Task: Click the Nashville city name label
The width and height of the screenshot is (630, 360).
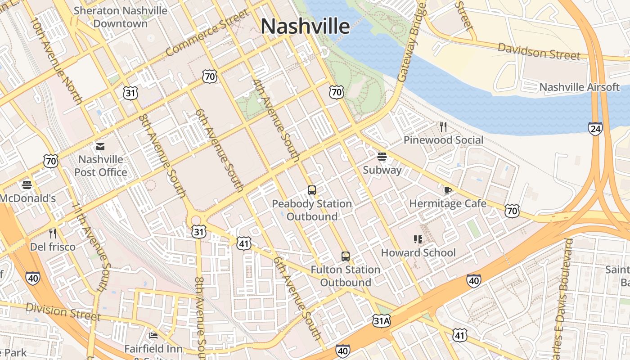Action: point(305,26)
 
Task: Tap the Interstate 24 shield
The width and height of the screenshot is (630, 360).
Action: point(595,129)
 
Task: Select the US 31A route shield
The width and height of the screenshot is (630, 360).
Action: point(381,320)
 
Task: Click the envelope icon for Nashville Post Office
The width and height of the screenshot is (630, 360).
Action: point(100,146)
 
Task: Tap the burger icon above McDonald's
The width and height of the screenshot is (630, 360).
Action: point(27,185)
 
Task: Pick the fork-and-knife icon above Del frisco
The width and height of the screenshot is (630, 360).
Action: point(53,233)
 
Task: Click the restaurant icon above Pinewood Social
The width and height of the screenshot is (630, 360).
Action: point(443,126)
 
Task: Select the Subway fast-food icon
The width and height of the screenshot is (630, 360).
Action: point(382,157)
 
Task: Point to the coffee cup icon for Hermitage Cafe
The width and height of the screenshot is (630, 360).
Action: point(447,190)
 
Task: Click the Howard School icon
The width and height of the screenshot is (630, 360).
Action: point(418,239)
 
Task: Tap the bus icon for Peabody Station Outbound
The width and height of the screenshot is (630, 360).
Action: point(311,190)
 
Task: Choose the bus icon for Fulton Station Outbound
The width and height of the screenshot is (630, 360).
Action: point(345,256)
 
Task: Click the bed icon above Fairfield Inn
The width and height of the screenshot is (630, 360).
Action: point(153,335)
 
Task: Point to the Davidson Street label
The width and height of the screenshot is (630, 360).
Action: point(539,51)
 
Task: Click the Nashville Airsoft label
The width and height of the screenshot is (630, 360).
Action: point(579,87)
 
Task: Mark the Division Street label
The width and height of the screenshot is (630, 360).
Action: point(63,311)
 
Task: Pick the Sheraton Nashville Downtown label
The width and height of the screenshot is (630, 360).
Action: point(120,17)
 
